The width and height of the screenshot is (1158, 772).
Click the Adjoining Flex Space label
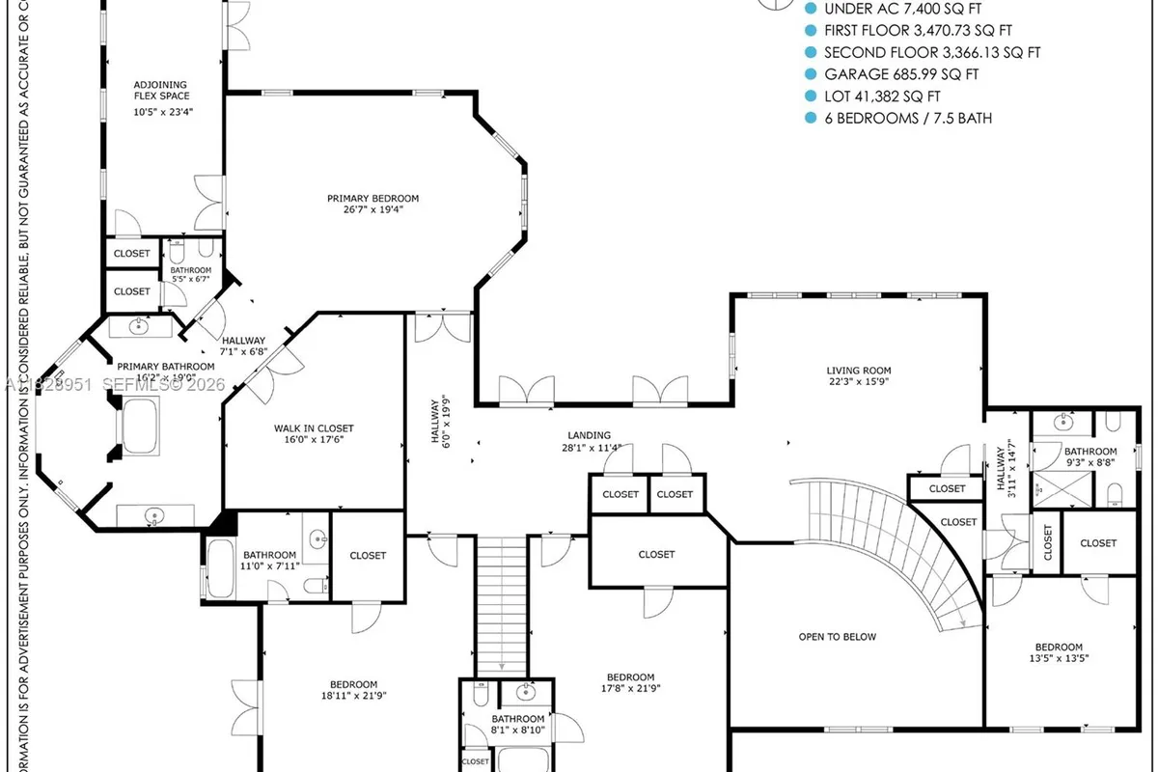(161, 90)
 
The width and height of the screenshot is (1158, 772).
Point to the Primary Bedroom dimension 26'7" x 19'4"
(372, 209)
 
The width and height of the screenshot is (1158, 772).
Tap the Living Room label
(858, 370)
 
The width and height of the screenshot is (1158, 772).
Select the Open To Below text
(837, 637)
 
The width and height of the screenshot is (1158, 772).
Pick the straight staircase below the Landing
(501, 603)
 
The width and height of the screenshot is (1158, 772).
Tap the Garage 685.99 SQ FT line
(901, 73)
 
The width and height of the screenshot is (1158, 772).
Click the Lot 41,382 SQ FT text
(882, 96)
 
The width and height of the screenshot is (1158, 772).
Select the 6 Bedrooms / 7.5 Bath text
(908, 118)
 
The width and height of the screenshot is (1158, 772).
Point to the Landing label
(588, 435)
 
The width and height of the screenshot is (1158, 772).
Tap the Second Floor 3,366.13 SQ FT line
(932, 52)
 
